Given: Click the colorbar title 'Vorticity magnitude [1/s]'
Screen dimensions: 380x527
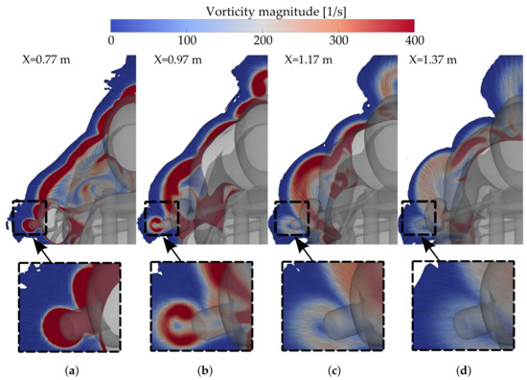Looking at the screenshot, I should pyautogui.click(x=263, y=11).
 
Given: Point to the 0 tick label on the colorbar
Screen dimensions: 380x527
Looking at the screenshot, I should pyautogui.click(x=112, y=40).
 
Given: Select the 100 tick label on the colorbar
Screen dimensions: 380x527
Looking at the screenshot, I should pyautogui.click(x=188, y=40).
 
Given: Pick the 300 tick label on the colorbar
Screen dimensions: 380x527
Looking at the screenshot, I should pyautogui.click(x=338, y=40).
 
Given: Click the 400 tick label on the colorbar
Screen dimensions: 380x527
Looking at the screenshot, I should pyautogui.click(x=414, y=40).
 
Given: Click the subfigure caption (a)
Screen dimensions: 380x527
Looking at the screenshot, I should pyautogui.click(x=70, y=370).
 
